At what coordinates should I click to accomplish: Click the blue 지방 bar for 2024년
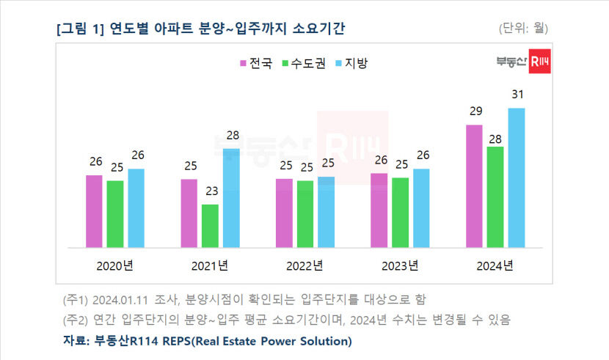tap(517, 178)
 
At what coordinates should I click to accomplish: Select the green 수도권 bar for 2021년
tap(210, 226)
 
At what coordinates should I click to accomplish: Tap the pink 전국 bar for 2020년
tap(94, 211)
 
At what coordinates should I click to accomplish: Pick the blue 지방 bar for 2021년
tap(231, 198)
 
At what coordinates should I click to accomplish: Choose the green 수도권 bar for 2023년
tap(400, 213)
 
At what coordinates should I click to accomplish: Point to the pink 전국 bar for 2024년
tap(474, 186)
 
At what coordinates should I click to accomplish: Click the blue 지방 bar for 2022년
tap(326, 212)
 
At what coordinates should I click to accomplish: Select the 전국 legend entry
tap(255, 63)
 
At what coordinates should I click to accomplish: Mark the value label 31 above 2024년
tap(517, 95)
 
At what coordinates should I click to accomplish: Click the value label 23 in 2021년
tap(210, 191)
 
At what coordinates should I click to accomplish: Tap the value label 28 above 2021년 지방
tap(231, 136)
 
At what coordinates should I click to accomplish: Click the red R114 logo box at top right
tap(540, 64)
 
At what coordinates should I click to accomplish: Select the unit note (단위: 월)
tap(522, 29)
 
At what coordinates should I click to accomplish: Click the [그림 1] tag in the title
tap(80, 29)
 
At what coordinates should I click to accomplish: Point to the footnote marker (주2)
tap(76, 320)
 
